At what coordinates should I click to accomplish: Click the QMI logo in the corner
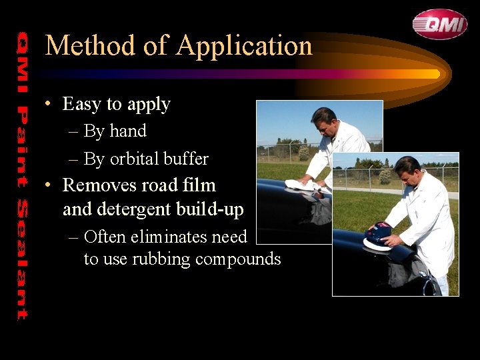coord(439,24)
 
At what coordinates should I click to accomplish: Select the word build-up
coord(211,209)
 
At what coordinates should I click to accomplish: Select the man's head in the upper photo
coord(324,121)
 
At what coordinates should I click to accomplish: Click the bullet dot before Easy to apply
coord(49,105)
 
